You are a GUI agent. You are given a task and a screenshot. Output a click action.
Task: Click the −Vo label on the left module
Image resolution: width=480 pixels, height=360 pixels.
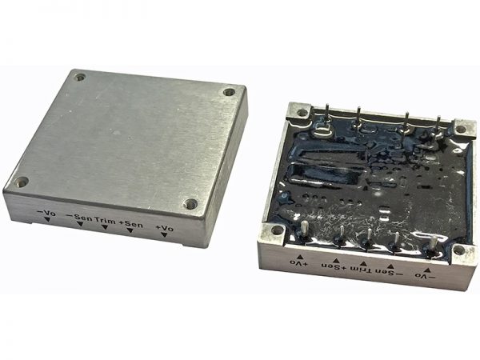(x=46, y=213)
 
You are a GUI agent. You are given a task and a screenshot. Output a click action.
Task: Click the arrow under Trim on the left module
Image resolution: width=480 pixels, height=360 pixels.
(x=105, y=229)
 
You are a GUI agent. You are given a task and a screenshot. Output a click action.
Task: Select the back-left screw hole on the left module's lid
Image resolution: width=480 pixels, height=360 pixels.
(x=80, y=77)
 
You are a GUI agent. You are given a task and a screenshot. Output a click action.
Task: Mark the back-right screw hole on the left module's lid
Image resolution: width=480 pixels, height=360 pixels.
(x=230, y=93)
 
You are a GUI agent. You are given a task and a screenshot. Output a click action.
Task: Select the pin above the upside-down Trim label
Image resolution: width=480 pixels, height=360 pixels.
(x=365, y=238)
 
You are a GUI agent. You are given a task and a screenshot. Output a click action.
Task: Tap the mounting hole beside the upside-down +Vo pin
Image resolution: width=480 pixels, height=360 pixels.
(x=275, y=231)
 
